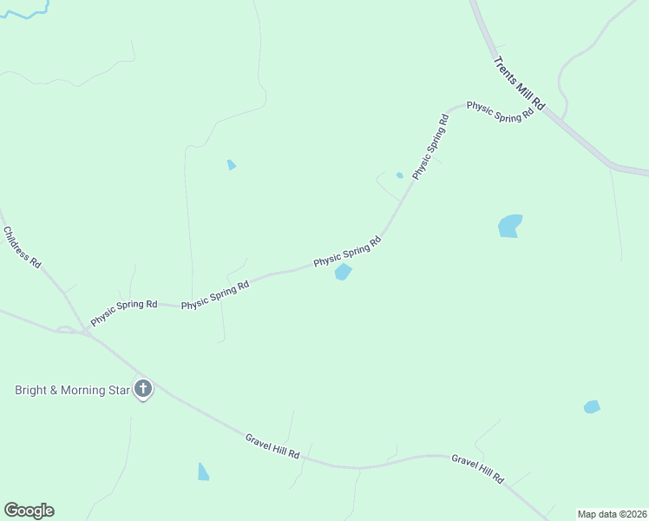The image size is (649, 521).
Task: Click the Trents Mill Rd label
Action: [519, 83]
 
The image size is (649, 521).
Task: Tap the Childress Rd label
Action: [23, 247]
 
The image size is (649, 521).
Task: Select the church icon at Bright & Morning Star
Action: [143, 390]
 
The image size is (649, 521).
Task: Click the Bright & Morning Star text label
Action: [72, 390]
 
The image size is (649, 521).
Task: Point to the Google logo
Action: [29, 511]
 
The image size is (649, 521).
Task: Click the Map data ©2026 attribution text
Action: [612, 514]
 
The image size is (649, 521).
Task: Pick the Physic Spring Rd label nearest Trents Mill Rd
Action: [500, 111]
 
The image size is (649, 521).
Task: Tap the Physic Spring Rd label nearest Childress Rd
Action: [124, 311]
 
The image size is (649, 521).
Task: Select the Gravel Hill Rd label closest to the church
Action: [272, 448]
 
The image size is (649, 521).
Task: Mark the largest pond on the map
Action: [510, 226]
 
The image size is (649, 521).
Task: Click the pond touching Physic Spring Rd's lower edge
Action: [343, 273]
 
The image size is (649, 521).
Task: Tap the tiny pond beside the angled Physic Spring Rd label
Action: [399, 175]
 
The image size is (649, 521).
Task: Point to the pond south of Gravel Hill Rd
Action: [203, 472]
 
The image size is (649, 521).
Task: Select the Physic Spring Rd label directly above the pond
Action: [347, 251]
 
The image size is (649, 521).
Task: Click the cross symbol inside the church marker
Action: [143, 388]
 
